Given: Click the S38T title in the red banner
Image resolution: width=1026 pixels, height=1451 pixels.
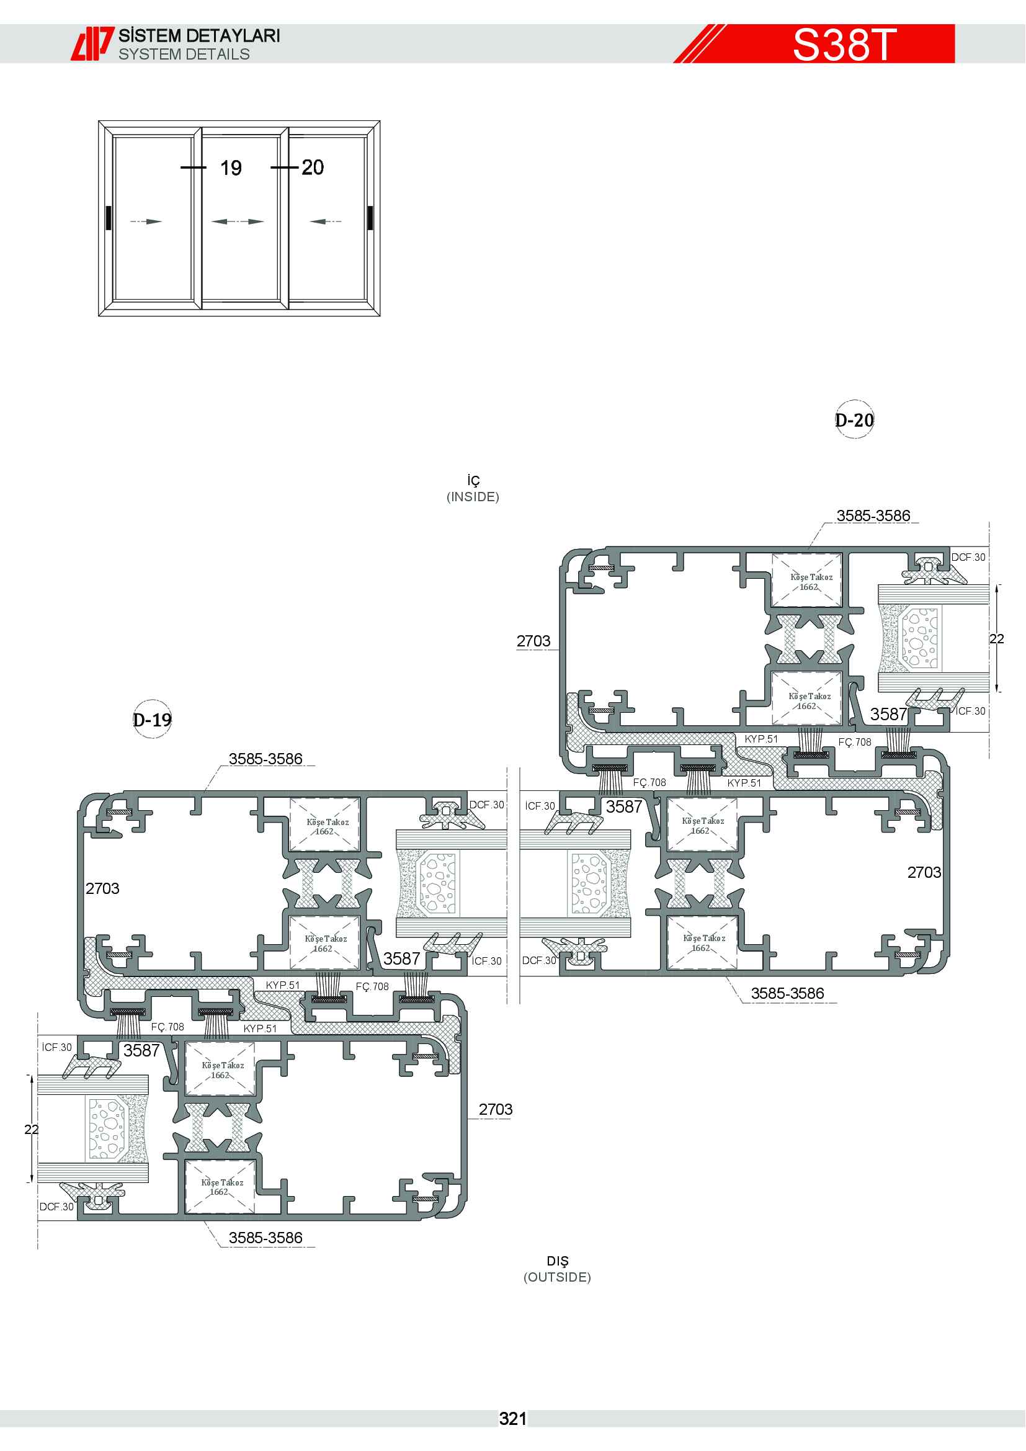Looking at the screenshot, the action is pos(845,44).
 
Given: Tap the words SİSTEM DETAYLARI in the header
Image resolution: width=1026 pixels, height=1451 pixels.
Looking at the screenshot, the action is pos(200,35).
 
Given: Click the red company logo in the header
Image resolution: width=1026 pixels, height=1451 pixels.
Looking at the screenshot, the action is pos(92,43).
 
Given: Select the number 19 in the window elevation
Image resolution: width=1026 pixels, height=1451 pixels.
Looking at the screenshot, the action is pos(231,168).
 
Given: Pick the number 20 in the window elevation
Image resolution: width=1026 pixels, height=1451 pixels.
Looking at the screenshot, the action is pos(313,167).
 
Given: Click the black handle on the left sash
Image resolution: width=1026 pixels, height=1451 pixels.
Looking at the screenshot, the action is pos(109,218).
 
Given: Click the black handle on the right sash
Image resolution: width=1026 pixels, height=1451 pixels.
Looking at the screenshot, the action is pos(370,218).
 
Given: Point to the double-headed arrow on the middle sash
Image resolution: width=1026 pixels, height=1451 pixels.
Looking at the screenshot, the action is pos(238,222).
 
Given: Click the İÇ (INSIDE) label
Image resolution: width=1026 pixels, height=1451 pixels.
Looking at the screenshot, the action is pos(473,488).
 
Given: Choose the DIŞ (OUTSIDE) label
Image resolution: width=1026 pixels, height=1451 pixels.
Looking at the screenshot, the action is pos(557,1269).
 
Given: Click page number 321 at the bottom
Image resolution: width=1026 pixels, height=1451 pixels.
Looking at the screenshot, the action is pos(513,1419).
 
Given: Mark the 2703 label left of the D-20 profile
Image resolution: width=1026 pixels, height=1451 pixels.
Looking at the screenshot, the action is pos(534,641).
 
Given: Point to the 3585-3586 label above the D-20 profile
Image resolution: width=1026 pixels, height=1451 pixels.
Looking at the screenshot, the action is pos(874,516).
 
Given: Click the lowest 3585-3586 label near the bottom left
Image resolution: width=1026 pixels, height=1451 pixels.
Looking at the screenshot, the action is pos(266,1238).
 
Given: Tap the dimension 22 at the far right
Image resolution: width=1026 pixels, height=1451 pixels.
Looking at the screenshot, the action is pos(997,639).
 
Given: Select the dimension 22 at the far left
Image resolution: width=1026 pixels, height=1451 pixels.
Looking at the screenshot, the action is pos(32,1129).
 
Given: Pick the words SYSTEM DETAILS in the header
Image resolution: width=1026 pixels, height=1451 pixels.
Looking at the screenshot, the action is pos(184,55).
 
